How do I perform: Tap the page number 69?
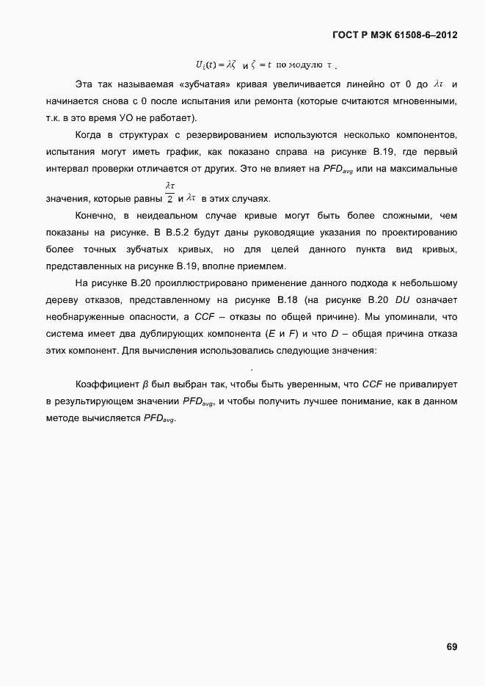452,646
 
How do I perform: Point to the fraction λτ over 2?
170,192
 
